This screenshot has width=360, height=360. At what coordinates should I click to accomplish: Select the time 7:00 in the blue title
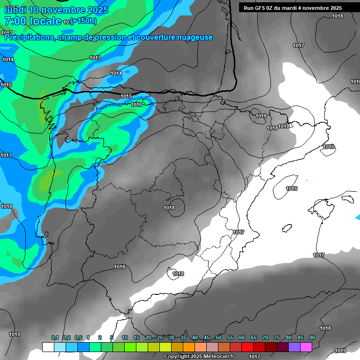pyautogui.click(x=15, y=21)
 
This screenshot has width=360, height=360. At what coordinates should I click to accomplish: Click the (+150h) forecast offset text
pyautogui.click(x=84, y=21)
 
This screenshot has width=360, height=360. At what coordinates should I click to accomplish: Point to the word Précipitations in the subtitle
pyautogui.click(x=29, y=37)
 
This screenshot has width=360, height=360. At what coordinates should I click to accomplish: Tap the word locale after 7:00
pyautogui.click(x=45, y=21)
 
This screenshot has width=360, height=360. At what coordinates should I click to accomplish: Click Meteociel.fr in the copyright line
pyautogui.click(x=217, y=357)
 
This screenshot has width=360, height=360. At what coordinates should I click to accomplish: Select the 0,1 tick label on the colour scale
pyautogui.click(x=54, y=338)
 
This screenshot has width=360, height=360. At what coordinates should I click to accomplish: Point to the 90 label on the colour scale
pyautogui.click(x=312, y=338)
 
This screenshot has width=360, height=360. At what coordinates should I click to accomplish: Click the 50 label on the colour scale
pyautogui.click(x=218, y=338)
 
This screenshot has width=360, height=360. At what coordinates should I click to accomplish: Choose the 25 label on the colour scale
pyautogui.click(x=160, y=338)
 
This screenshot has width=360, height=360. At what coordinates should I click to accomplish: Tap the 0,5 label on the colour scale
pyautogui.click(x=78, y=338)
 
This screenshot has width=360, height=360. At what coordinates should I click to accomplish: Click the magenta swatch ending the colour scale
pyautogui.click(x=306, y=347)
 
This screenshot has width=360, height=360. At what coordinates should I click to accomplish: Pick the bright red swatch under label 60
pyautogui.click(x=247, y=347)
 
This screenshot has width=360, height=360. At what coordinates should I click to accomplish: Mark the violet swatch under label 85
pyautogui.click(x=294, y=347)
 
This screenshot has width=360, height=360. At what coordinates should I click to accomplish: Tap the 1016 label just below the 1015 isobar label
pyautogui.click(x=136, y=105)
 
